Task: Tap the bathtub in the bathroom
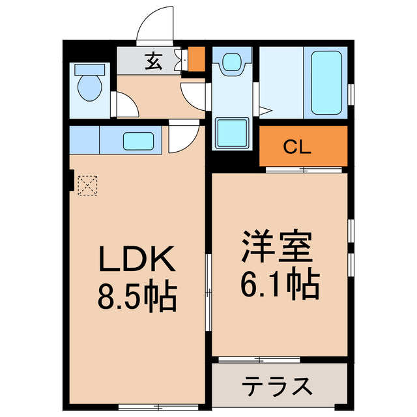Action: click(326, 82)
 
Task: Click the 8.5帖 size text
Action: click(136, 296)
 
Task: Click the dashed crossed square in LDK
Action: click(85, 186)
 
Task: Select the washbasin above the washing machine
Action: click(231, 63)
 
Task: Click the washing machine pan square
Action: click(232, 133)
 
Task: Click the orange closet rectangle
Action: click(304, 147)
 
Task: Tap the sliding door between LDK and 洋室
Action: click(208, 293)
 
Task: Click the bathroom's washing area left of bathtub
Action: click(281, 82)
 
